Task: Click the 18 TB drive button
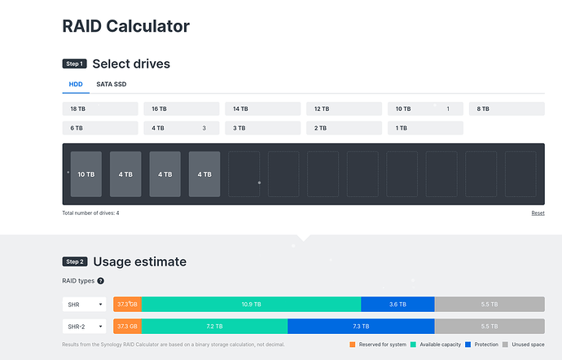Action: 99,108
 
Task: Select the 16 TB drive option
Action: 181,108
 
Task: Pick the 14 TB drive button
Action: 262,108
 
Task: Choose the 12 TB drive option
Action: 344,108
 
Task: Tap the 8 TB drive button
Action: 506,108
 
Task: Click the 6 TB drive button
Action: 99,128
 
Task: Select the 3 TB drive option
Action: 262,128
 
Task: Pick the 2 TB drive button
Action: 344,128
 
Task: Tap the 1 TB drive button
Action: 425,128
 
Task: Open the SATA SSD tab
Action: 111,84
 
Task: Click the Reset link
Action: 538,213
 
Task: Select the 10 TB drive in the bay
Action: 86,173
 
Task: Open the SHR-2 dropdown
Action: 85,326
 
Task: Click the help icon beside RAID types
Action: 101,281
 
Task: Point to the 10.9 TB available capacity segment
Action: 251,304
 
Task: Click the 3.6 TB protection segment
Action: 397,304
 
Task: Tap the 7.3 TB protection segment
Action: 361,326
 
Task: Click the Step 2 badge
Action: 74,262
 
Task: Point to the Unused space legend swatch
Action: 505,345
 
